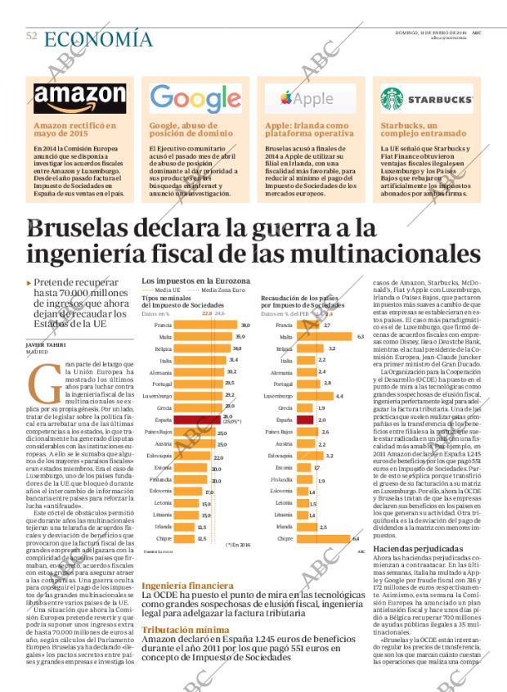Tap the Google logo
(x=195, y=98)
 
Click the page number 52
(x=31, y=36)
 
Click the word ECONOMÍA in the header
(x=97, y=38)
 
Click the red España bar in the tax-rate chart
(x=194, y=418)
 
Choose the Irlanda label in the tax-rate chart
(x=162, y=527)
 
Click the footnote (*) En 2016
(x=238, y=543)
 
